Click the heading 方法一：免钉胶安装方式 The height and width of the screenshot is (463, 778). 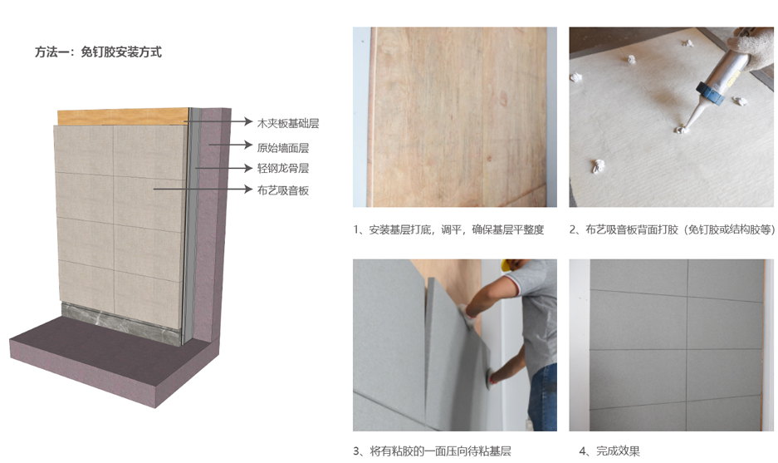click(98, 52)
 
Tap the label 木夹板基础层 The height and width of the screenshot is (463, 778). click(288, 123)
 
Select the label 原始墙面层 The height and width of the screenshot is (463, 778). click(283, 147)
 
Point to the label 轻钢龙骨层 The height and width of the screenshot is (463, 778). click(283, 169)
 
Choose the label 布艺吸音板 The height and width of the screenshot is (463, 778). click(283, 190)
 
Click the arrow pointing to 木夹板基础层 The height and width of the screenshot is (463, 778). click(218, 121)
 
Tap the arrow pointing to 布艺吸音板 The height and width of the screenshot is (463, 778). click(203, 189)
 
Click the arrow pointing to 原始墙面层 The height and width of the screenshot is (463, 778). click(231, 145)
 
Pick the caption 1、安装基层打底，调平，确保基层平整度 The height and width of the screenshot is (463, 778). click(448, 229)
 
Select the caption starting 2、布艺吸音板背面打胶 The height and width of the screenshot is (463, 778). click(673, 229)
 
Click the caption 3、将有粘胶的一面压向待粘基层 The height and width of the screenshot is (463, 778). click(432, 451)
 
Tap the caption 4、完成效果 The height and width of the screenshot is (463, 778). click(609, 451)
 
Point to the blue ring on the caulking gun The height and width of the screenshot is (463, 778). click(710, 93)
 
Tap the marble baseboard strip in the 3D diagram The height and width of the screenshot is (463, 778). click(120, 323)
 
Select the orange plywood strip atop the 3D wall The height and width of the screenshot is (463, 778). click(122, 116)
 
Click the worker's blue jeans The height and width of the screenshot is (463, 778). click(542, 398)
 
